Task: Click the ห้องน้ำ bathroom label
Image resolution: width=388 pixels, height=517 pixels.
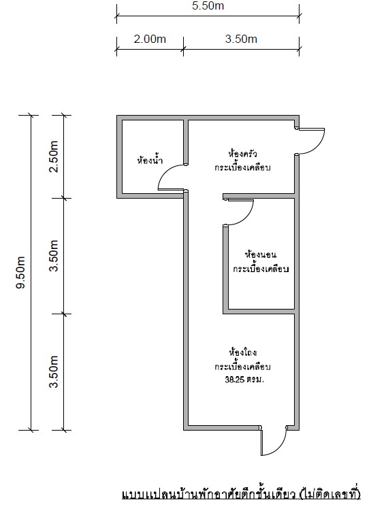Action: point(150,160)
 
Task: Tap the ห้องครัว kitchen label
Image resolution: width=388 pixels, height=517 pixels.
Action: point(242,154)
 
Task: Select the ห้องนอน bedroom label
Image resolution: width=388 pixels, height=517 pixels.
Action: point(261,254)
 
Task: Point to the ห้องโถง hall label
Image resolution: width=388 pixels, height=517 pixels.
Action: point(243,352)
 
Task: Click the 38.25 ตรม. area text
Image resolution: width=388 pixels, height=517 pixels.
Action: point(244,380)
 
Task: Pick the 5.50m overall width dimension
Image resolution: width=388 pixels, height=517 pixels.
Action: point(208,5)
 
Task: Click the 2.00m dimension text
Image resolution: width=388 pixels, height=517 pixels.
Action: point(150,39)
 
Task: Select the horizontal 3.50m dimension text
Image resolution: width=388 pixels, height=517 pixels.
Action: point(241,39)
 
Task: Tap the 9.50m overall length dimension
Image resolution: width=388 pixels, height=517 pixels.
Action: point(21,272)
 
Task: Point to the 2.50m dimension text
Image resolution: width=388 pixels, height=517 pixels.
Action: point(54,156)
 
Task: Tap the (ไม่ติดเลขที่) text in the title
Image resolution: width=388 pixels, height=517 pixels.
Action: point(330,494)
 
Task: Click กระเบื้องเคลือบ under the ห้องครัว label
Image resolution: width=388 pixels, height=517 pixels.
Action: point(242,167)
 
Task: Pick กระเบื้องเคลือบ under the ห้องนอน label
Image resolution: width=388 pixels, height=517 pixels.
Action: point(261,269)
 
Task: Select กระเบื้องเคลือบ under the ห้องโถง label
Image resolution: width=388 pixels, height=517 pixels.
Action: point(243,366)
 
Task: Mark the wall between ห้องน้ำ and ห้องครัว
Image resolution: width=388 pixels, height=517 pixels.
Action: point(186,142)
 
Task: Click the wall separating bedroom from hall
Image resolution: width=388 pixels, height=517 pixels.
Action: point(259,312)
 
